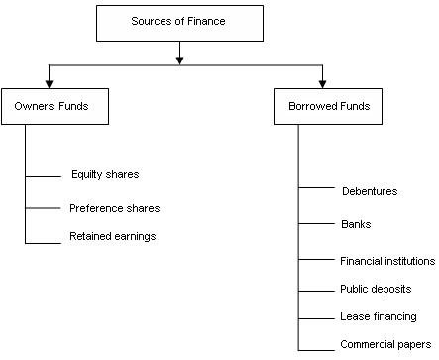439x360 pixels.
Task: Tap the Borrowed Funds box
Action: (322, 108)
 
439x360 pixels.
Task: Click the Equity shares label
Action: (105, 174)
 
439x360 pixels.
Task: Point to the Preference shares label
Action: (114, 208)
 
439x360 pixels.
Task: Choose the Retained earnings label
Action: (113, 236)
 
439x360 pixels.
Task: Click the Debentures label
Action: (370, 190)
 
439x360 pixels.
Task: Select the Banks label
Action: (356, 224)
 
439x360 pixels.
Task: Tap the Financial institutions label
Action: (387, 261)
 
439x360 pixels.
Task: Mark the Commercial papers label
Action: (381, 345)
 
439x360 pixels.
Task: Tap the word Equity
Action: (86, 174)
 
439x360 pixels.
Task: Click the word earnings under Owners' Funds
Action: (135, 236)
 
